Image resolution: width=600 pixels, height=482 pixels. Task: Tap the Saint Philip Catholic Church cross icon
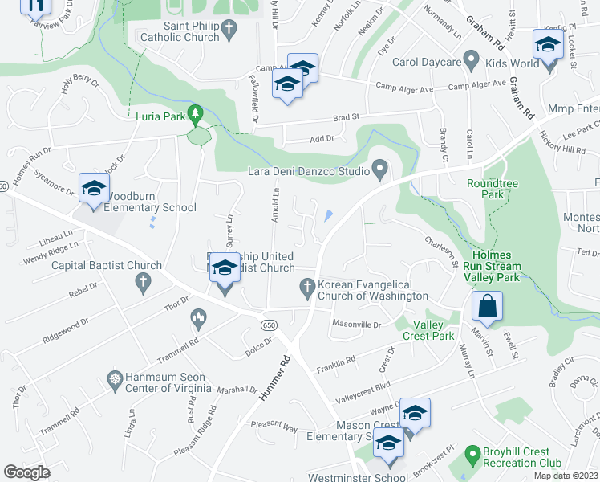tap(229, 31)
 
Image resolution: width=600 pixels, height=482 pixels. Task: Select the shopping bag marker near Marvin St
tap(488, 306)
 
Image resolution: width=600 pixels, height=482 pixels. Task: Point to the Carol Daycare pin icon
tap(472, 61)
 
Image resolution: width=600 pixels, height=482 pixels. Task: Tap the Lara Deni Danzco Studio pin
tap(380, 170)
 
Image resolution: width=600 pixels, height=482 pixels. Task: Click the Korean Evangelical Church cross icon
tap(306, 286)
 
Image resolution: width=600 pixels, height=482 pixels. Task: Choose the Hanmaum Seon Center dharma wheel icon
tap(115, 378)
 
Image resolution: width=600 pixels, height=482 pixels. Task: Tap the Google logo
tap(26, 472)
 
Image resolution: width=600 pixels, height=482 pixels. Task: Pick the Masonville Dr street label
tap(356, 324)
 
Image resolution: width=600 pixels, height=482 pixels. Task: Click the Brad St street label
tap(347, 116)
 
